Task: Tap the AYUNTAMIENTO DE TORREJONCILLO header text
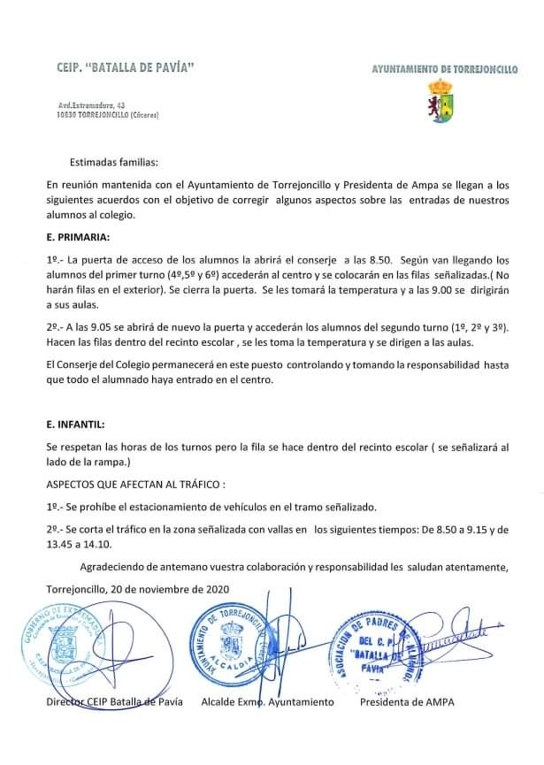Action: (444, 68)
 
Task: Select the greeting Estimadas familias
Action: (114, 163)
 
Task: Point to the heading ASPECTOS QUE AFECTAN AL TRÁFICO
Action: (136, 486)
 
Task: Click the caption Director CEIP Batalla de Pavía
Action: (114, 701)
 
